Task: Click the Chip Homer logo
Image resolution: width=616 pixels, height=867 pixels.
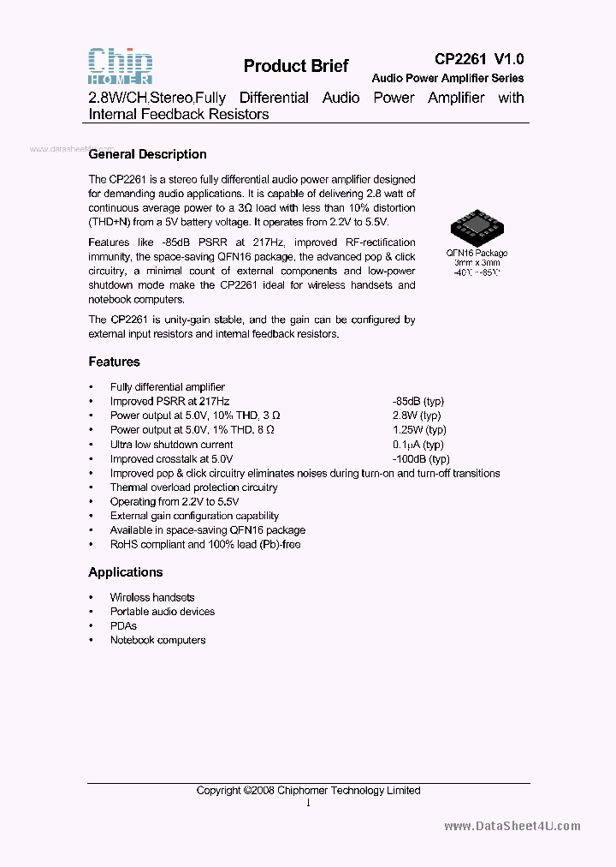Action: [121, 66]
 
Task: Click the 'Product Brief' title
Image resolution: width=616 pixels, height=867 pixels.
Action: [295, 67]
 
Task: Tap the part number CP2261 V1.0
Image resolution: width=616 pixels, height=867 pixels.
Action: [478, 59]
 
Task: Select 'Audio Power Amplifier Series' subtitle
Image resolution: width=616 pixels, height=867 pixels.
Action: [447, 78]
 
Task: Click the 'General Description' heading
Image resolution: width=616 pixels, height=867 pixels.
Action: [148, 154]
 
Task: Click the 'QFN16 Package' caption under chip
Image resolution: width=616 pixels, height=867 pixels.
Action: [477, 253]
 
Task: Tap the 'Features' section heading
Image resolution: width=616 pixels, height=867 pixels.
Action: [114, 362]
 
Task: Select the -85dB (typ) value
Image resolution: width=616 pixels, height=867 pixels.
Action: [418, 401]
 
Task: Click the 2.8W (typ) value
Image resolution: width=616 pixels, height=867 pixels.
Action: [418, 416]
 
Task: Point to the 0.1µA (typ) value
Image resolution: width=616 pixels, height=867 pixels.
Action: [418, 445]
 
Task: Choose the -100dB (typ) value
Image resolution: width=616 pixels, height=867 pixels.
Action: [420, 459]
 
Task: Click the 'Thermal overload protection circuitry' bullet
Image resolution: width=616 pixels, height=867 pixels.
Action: [193, 487]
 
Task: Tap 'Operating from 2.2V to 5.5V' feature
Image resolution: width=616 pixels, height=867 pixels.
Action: [175, 501]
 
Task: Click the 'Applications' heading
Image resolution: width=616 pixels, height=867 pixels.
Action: [125, 571]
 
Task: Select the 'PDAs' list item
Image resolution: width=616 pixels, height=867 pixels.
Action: [123, 625]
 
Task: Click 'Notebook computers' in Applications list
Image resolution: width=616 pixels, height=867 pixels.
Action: [157, 640]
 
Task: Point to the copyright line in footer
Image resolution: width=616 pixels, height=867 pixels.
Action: [308, 790]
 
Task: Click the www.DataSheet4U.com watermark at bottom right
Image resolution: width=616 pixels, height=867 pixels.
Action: [512, 826]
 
